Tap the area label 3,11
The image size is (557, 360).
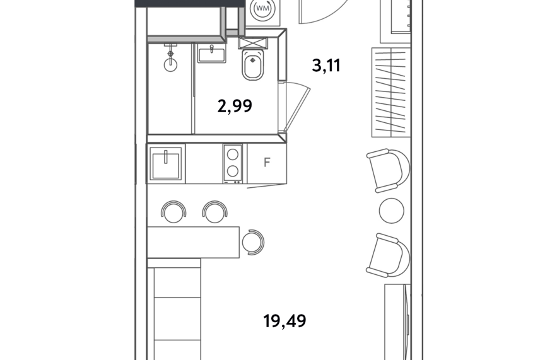[326, 66]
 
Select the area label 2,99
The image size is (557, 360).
[235, 106]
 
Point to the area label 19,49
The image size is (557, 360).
[284, 322]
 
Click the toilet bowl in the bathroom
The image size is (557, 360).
[253, 64]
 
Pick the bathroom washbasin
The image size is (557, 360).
[212, 54]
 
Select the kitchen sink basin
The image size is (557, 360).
[166, 164]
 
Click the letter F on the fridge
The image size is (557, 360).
[267, 163]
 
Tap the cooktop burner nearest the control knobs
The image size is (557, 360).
[233, 171]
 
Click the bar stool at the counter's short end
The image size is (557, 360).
[253, 242]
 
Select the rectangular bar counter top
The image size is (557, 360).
[193, 242]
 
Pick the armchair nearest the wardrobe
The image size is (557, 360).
[389, 170]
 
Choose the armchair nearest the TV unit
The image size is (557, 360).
[389, 255]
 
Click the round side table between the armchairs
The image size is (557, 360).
[392, 211]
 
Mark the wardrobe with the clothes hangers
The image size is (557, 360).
[391, 92]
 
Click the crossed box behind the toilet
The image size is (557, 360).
[253, 43]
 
